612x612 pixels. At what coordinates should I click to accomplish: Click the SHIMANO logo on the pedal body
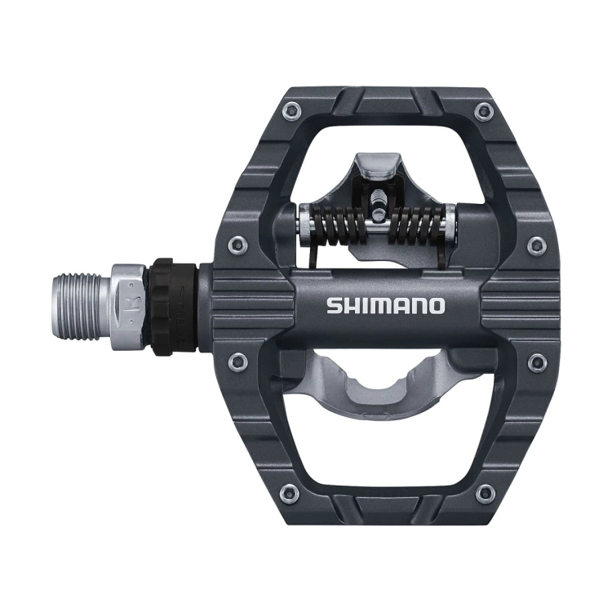coord(386,306)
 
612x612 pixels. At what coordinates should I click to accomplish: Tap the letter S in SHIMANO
coord(334,306)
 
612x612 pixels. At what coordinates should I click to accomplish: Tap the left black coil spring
coord(335,224)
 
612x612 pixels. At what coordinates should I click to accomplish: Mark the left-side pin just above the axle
coord(237,242)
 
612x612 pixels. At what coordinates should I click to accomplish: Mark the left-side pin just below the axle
coord(237,359)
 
